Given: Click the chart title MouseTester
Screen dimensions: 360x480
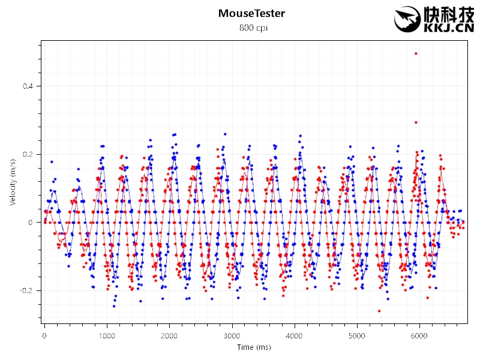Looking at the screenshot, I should (251, 13).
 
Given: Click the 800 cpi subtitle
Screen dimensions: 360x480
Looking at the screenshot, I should (251, 28).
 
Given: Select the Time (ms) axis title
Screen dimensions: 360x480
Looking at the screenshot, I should (253, 347).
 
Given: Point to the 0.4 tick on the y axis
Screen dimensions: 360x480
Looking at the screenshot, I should (29, 86).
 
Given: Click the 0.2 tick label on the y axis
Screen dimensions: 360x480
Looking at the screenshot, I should (29, 154).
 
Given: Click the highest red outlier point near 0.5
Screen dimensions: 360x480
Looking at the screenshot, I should (416, 53).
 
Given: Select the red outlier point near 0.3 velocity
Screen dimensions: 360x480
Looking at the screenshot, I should (416, 122).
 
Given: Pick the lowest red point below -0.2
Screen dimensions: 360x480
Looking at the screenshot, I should (379, 311).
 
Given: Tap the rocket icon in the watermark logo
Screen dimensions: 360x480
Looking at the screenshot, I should (406, 19).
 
